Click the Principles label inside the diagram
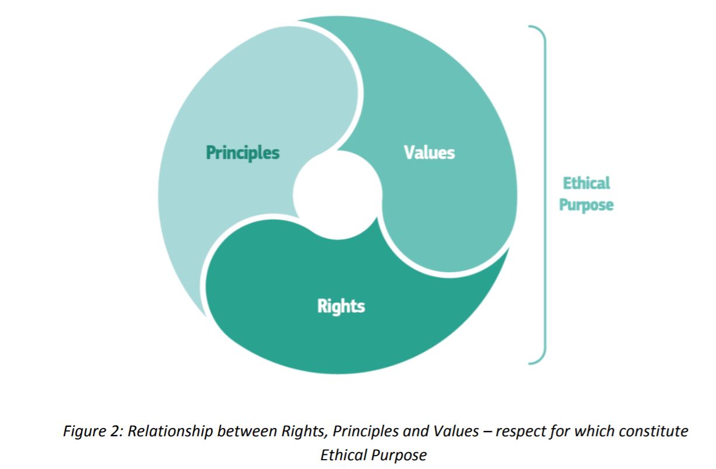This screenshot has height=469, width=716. click(243, 153)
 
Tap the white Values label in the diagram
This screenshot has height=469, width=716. click(429, 152)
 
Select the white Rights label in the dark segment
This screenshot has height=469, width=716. click(341, 305)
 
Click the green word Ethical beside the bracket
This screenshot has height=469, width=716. click(586, 183)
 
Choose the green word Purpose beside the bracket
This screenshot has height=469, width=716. click(586, 206)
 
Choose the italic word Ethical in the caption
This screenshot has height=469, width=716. click(341, 455)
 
